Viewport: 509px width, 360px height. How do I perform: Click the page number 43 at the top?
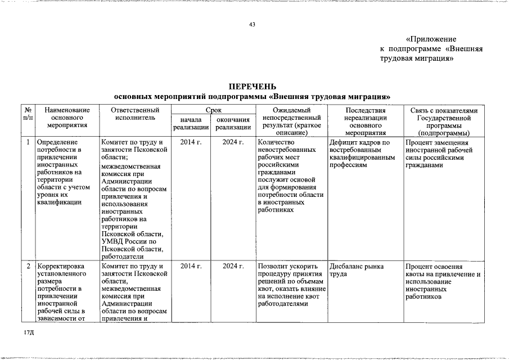point(252,24)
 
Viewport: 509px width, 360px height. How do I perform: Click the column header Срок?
point(213,110)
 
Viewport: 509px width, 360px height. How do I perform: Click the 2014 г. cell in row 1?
point(191,142)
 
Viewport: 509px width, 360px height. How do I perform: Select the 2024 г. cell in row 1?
point(232,142)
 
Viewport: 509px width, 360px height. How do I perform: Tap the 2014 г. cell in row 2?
point(191,266)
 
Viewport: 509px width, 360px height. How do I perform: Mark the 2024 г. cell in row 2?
point(232,266)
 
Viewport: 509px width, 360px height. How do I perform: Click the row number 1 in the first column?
point(28,142)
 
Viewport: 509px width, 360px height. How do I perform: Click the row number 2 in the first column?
point(28,266)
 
